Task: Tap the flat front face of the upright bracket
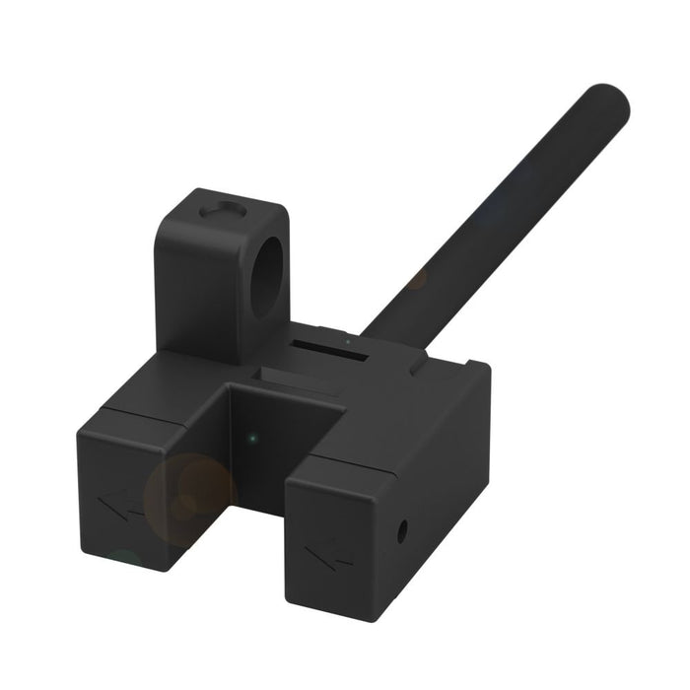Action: click(197, 286)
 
